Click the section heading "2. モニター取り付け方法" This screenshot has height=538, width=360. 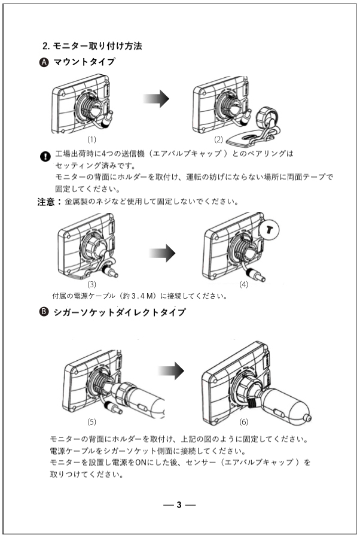tap(92, 45)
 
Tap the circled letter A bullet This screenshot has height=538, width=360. tap(44, 62)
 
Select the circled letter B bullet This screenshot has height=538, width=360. tap(44, 312)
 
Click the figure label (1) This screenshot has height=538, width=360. tap(92, 140)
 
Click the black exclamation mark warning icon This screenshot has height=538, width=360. tap(44, 157)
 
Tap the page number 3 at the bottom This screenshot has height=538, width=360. tap(179, 504)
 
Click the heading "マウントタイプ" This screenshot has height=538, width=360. tap(84, 62)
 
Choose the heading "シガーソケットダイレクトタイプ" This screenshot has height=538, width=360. tap(119, 312)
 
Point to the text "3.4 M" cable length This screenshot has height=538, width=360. tap(129, 296)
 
